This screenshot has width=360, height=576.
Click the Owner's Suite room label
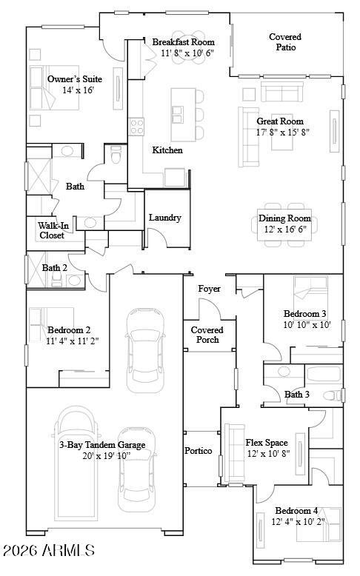point(75,79)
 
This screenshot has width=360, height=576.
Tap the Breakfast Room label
point(184,42)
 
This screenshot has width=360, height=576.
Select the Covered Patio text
point(285,41)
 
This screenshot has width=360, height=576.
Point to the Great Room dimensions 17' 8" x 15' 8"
point(283,133)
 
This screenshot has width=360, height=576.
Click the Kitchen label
point(167,150)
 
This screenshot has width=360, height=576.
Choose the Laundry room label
point(164,218)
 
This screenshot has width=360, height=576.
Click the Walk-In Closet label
point(52,230)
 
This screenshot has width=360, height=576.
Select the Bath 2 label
point(54,268)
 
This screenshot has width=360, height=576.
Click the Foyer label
point(209,289)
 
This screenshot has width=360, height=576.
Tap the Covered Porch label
point(207,335)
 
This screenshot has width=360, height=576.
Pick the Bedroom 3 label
point(304,313)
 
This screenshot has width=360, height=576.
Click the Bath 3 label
point(297,395)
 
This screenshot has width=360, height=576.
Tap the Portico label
point(198,451)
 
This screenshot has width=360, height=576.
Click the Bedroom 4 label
point(297,511)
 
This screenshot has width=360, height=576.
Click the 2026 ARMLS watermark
point(49,551)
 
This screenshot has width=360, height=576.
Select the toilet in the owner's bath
point(115,156)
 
